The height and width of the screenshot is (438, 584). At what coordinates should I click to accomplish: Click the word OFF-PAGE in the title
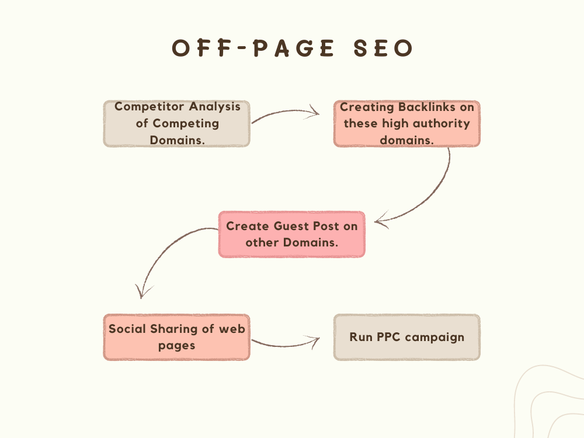(x=253, y=48)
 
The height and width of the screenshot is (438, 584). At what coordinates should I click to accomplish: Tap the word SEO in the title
(x=383, y=48)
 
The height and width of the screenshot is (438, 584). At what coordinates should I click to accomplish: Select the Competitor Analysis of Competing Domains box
(x=176, y=124)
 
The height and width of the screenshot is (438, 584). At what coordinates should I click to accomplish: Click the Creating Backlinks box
(x=406, y=124)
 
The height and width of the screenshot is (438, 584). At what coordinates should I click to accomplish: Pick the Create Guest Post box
(x=291, y=234)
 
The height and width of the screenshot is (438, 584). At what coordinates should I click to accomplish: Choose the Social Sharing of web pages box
(x=176, y=337)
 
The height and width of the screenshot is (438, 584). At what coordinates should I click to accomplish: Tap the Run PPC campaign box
(x=406, y=337)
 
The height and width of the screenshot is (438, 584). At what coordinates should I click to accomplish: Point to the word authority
(x=442, y=124)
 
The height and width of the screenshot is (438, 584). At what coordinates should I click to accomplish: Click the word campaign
(x=434, y=338)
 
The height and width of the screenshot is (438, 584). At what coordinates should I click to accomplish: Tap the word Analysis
(x=214, y=107)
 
